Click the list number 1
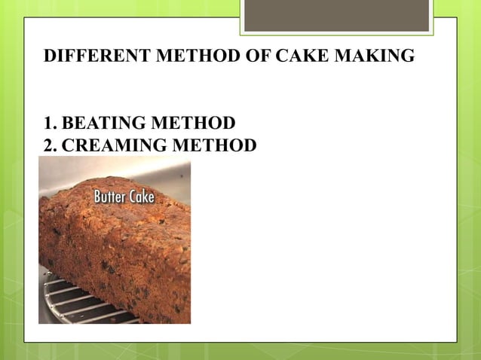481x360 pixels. [x=48, y=123]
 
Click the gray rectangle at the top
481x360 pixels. [x=336, y=15]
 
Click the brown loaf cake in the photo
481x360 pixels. [x=113, y=249]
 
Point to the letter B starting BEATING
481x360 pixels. [x=66, y=123]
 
